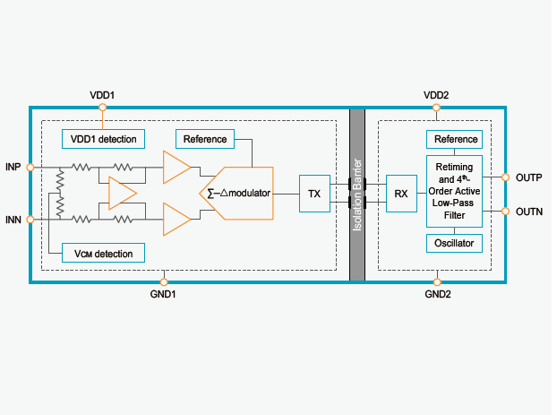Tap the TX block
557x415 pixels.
coord(314,194)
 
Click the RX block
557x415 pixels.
coord(400,194)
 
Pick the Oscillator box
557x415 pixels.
coord(454,243)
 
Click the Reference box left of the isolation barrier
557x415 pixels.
coord(205,139)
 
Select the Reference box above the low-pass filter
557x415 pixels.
coord(454,139)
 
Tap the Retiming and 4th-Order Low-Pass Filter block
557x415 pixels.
coord(454,192)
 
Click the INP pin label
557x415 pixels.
coord(13,168)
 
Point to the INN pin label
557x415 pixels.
coord(13,219)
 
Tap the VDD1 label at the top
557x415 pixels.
coord(103,95)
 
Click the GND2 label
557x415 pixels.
coord(437,294)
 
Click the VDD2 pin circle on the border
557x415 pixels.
coord(436,107)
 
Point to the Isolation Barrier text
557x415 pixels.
coord(357,194)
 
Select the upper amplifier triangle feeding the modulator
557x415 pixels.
coord(176,168)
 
